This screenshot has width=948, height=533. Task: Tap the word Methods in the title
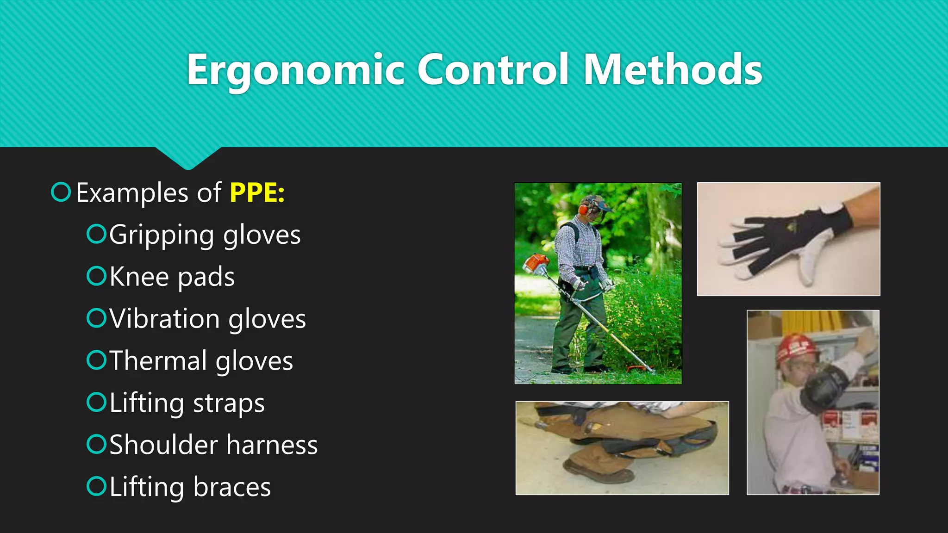(x=672, y=70)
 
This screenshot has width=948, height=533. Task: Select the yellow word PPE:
(x=257, y=192)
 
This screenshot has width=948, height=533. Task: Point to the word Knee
(x=139, y=277)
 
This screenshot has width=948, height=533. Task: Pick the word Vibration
(x=164, y=319)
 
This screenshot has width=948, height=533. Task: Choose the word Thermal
(x=158, y=361)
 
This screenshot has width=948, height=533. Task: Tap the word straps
(x=229, y=403)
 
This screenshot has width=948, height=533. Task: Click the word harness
(x=272, y=445)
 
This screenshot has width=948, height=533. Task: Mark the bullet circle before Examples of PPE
(x=61, y=192)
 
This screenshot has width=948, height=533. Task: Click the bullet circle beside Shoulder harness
(x=96, y=444)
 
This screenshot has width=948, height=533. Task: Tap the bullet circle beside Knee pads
(x=96, y=276)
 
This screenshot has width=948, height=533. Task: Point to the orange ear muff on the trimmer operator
(x=583, y=210)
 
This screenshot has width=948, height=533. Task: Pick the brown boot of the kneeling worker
(x=602, y=472)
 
